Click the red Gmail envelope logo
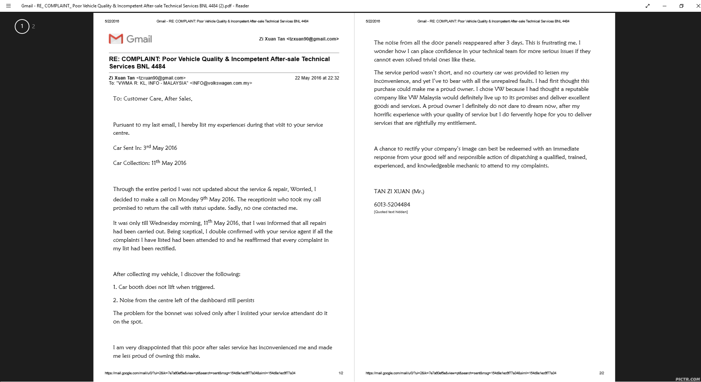click(x=116, y=39)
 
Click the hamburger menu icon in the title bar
click(x=8, y=6)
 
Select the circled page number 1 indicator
click(x=22, y=26)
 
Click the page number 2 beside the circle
click(x=34, y=26)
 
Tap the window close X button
click(x=697, y=6)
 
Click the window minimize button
click(x=665, y=6)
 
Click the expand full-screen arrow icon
click(x=648, y=6)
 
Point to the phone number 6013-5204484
click(x=392, y=205)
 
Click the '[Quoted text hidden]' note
click(x=391, y=212)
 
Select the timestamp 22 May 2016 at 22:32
click(x=317, y=78)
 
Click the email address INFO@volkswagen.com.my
click(x=221, y=83)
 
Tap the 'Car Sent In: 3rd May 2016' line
click(x=145, y=148)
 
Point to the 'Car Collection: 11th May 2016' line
click(x=149, y=163)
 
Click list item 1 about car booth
click(x=164, y=287)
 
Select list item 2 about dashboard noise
click(x=184, y=300)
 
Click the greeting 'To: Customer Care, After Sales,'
click(x=153, y=99)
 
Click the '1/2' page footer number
click(x=341, y=373)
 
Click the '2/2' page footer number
click(x=602, y=373)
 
